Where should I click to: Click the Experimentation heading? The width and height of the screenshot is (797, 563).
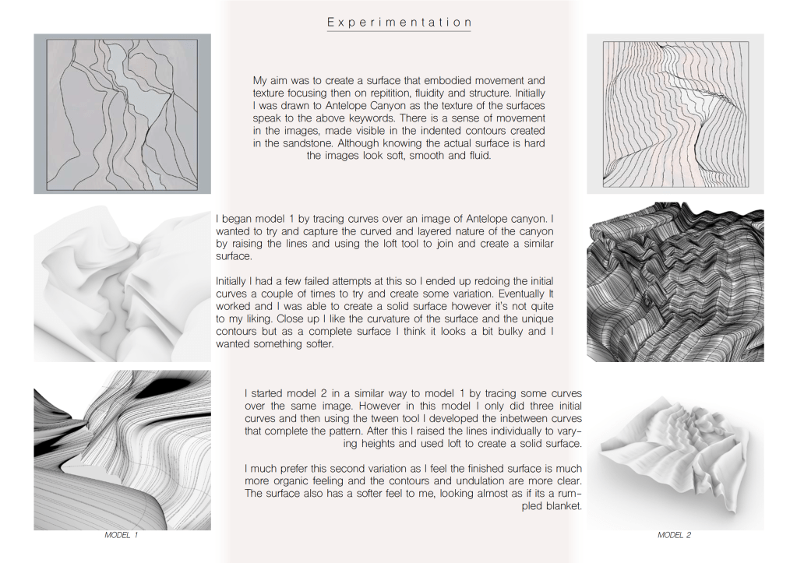399,23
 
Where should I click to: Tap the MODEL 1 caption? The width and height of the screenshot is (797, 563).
122,535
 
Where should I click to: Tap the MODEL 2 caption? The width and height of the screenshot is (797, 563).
675,535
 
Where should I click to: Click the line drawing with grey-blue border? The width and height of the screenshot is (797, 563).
122,114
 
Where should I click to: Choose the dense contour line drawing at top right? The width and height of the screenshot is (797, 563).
675,114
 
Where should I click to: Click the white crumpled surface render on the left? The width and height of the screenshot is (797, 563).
122,284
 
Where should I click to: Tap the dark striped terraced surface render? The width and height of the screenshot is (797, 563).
675,282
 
